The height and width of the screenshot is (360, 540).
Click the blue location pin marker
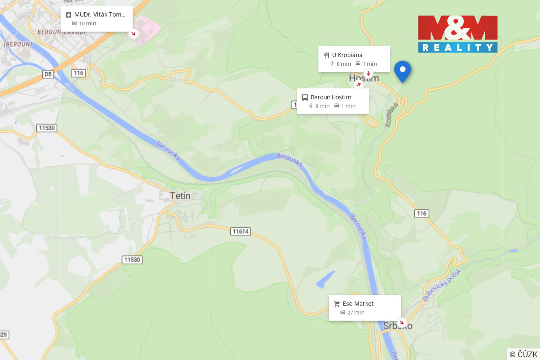click(402, 70)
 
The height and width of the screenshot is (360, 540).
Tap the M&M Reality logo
click(457, 34)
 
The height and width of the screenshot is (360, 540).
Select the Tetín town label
click(180, 196)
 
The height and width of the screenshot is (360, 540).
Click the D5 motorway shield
click(48, 74)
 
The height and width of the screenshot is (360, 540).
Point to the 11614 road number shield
click(240, 231)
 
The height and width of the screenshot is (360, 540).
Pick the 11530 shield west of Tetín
click(47, 128)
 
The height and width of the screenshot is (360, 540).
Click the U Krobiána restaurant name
click(347, 55)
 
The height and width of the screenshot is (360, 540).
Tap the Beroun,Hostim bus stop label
click(331, 97)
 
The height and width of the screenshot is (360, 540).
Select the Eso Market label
click(358, 304)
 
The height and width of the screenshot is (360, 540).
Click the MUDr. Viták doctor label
click(100, 15)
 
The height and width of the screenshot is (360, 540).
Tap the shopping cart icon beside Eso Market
click(337, 304)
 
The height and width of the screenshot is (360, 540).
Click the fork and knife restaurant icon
click(326, 55)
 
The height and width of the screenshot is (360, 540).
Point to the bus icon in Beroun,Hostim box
click(305, 97)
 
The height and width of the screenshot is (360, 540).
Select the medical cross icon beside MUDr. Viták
click(69, 15)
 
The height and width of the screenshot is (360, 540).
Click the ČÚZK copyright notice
click(523, 354)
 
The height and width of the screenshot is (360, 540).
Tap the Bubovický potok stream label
click(442, 285)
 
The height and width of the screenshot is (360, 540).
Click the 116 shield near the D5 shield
click(78, 73)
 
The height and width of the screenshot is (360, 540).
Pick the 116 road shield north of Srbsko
click(421, 213)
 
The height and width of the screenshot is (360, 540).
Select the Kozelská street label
click(391, 115)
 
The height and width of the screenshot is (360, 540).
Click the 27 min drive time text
click(355, 313)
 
